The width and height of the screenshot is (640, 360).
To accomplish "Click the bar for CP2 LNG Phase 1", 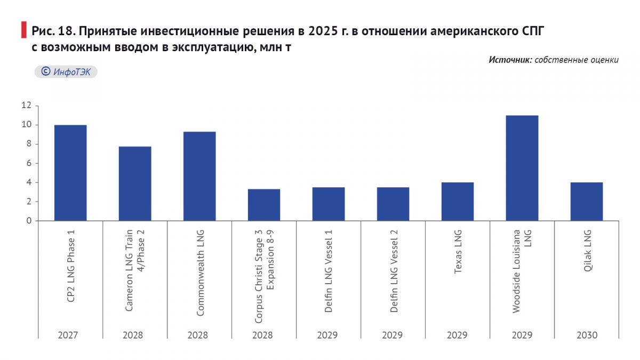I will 70,173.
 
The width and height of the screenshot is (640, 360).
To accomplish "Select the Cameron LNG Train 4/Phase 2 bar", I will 135,183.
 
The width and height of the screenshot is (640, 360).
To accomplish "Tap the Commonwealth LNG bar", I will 199,176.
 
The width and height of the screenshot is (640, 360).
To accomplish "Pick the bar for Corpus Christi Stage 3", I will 264,205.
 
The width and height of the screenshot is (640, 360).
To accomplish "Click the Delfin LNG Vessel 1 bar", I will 329,204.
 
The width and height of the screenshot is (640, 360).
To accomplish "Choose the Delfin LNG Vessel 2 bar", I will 393,204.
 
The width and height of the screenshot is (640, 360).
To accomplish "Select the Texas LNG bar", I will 458,202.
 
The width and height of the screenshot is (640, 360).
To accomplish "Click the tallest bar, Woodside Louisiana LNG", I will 522,168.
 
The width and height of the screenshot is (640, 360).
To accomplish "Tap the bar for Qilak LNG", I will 587,202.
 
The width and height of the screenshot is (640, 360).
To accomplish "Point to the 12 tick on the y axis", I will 27,106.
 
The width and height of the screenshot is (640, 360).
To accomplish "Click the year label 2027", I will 68,335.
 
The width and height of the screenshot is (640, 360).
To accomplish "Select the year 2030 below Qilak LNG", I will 587,335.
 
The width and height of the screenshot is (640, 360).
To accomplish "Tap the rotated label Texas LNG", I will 458,252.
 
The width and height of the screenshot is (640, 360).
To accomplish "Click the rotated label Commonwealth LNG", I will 200,272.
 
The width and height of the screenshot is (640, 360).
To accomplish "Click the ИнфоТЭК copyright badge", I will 66,72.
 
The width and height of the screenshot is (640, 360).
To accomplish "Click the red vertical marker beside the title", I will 23,30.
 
